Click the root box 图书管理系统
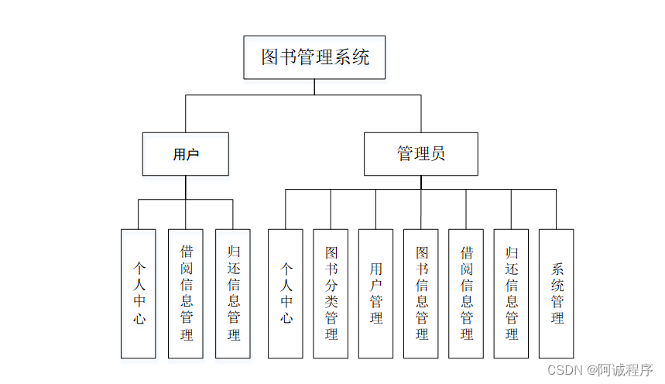tap(314, 57)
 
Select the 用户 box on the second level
tap(186, 154)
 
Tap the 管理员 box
tap(421, 154)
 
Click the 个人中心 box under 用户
tap(139, 293)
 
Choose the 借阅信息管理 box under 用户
tap(186, 293)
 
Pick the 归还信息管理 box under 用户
tap(233, 293)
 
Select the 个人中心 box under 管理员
tap(286, 293)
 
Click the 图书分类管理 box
tap(331, 293)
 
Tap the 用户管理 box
tap(376, 293)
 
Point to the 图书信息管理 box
tap(421, 293)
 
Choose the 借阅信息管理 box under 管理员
tap(466, 293)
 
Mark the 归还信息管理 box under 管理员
tap(511, 293)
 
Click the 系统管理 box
tap(557, 293)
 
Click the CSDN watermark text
tap(564, 370)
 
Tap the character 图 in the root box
tap(269, 57)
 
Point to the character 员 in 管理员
tap(438, 154)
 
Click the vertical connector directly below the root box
tap(314, 87)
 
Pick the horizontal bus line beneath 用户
tap(163, 200)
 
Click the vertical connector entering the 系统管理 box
tap(557, 209)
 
